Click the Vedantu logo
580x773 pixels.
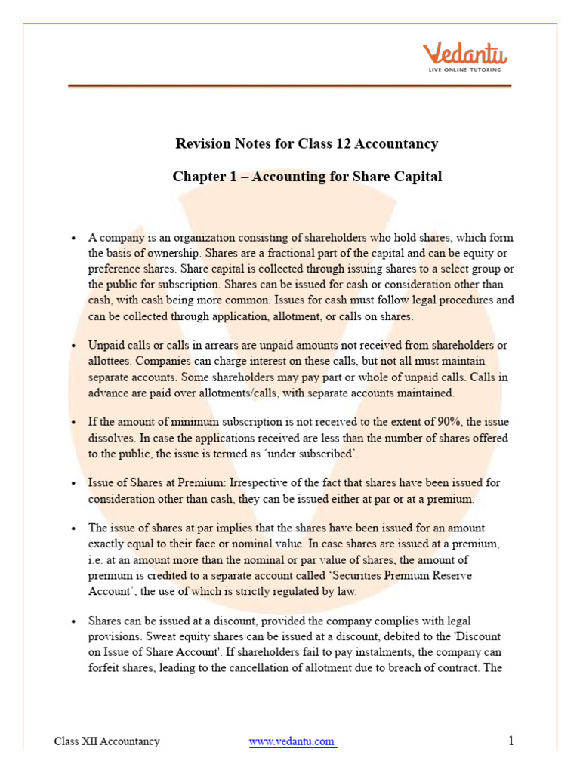tap(464, 54)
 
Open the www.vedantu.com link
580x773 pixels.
tap(292, 741)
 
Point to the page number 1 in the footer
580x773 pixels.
tap(511, 741)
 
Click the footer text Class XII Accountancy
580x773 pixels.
tap(106, 741)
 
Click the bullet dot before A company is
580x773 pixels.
tap(72, 239)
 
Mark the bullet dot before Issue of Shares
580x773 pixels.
tap(72, 483)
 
